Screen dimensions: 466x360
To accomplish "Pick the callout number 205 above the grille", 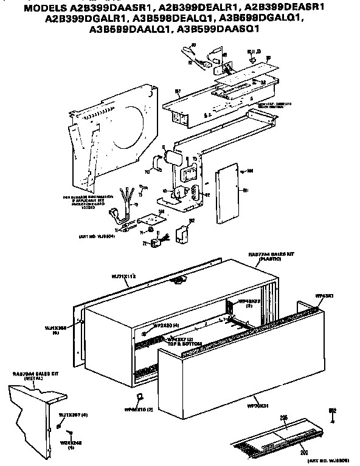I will click(283, 419).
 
